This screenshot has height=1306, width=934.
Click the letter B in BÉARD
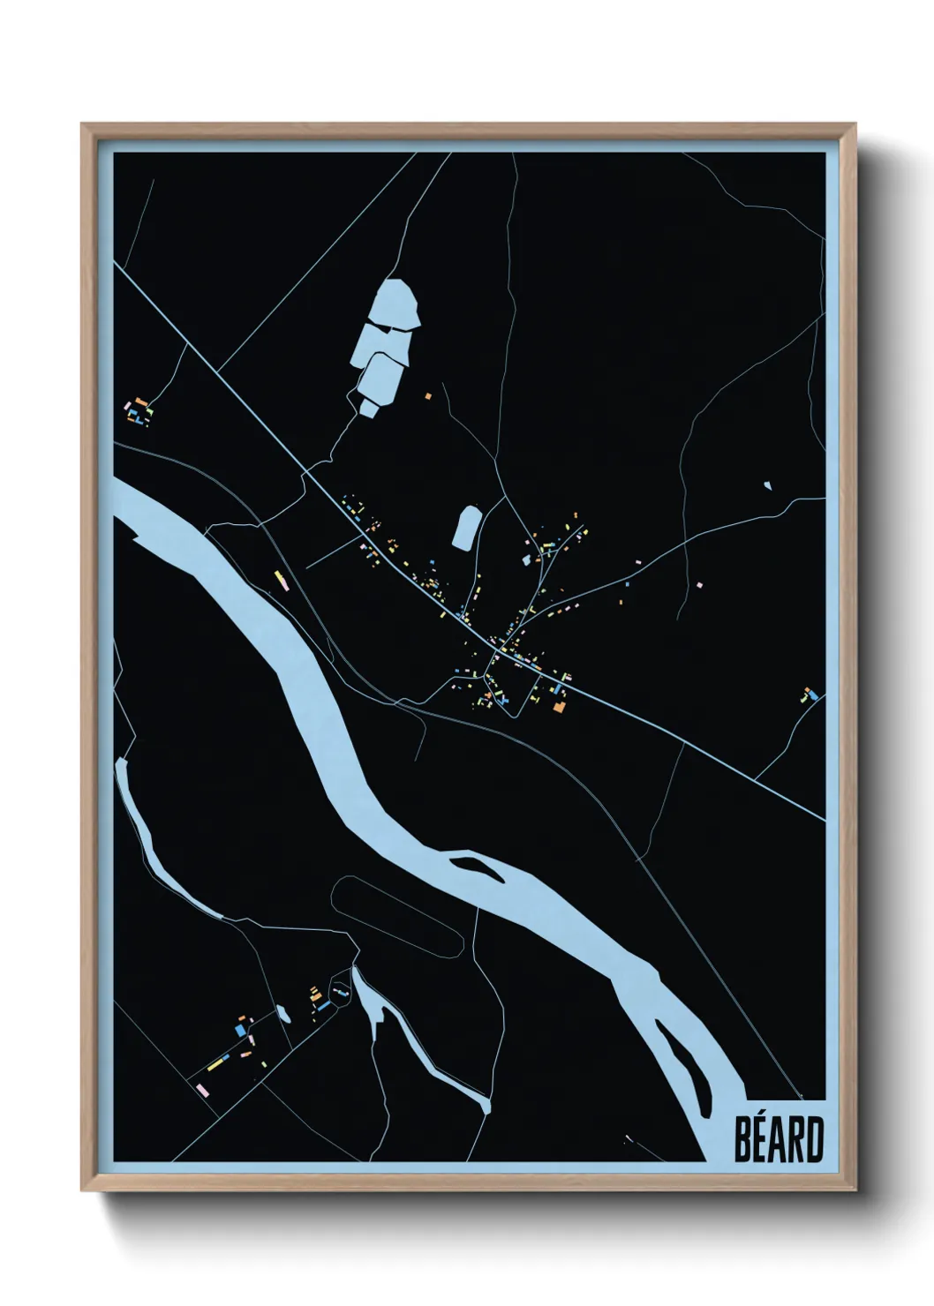coord(743,1140)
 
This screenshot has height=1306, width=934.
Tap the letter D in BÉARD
coord(814,1140)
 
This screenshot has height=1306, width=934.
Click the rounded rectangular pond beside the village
coord(465,527)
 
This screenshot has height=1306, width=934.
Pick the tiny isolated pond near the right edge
coord(766,484)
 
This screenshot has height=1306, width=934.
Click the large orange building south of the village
coord(557,706)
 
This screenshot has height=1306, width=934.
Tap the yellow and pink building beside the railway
coord(281,579)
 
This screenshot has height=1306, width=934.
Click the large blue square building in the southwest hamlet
coord(239,1030)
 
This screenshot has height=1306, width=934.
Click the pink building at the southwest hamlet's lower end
coord(203,1092)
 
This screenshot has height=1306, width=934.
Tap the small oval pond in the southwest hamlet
coord(282,1013)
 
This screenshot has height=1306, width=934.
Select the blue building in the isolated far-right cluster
coord(812,696)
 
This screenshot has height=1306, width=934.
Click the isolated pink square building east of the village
coord(698,584)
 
